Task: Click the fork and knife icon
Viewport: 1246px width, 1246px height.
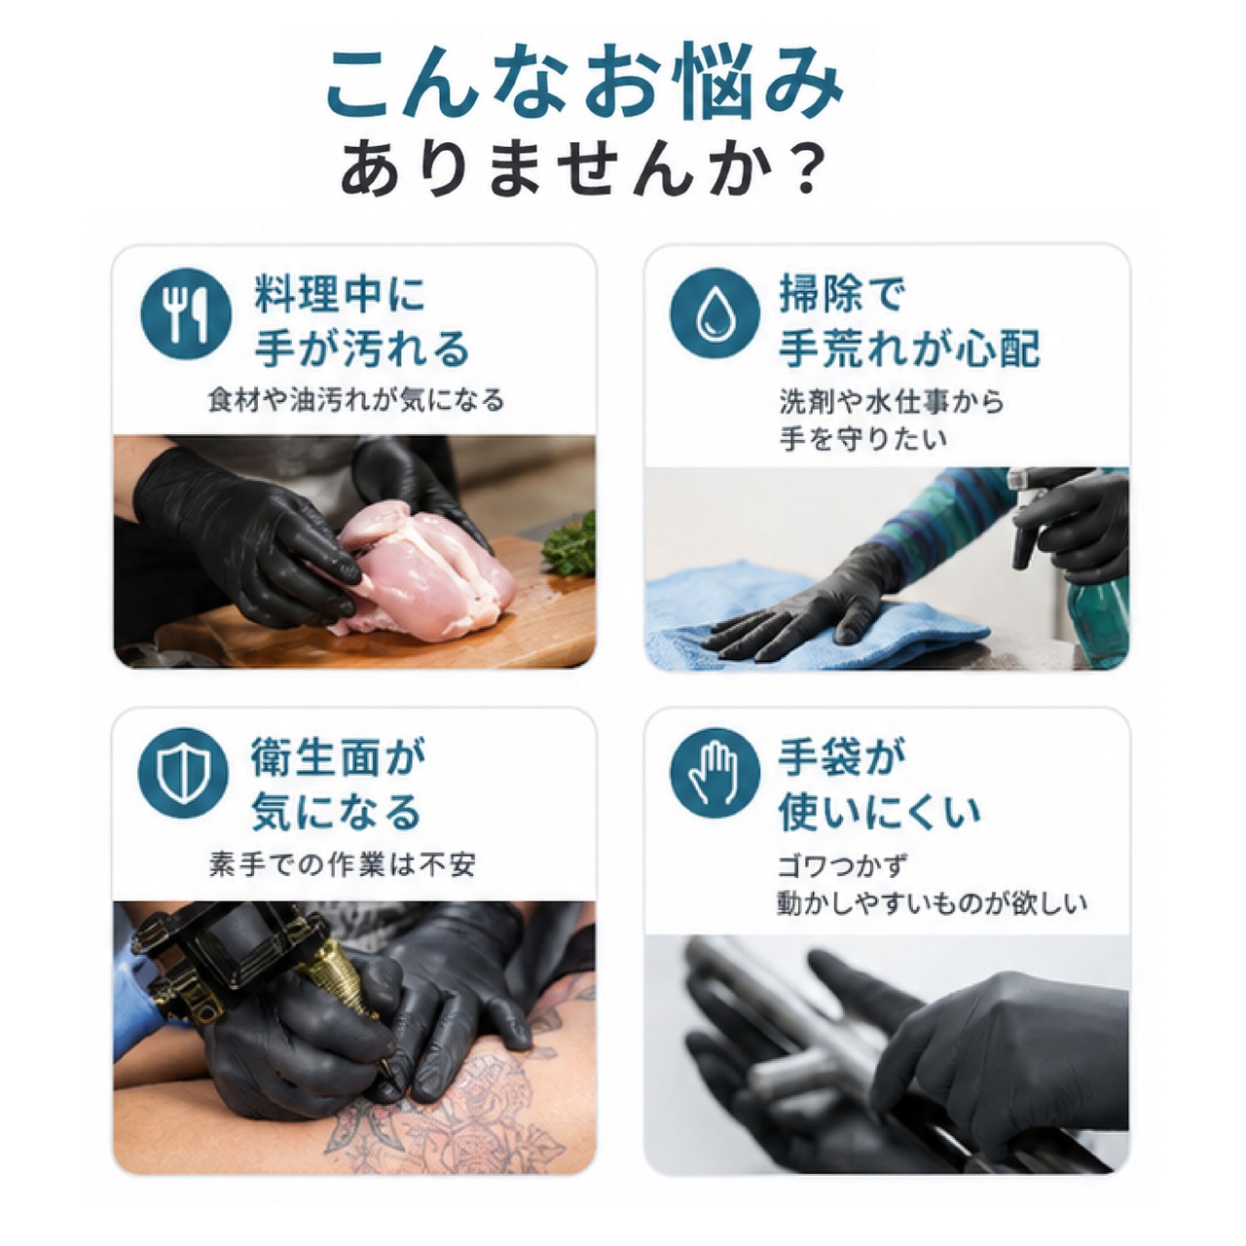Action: (186, 315)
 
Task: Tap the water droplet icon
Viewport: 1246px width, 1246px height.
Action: (715, 314)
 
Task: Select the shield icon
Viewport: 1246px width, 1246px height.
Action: (183, 774)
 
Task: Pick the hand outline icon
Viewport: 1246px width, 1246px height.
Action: (715, 773)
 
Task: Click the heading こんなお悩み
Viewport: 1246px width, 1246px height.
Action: (585, 89)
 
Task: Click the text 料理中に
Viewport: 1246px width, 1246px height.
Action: (340, 294)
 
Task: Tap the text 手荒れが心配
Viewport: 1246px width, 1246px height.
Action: (910, 348)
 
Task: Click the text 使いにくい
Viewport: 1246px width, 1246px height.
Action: (879, 812)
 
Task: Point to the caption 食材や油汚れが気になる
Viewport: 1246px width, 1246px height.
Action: (356, 400)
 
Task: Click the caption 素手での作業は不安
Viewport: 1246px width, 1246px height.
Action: (343, 863)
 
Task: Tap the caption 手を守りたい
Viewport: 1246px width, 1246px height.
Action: (863, 439)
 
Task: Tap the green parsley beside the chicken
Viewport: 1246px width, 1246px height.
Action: (570, 544)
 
